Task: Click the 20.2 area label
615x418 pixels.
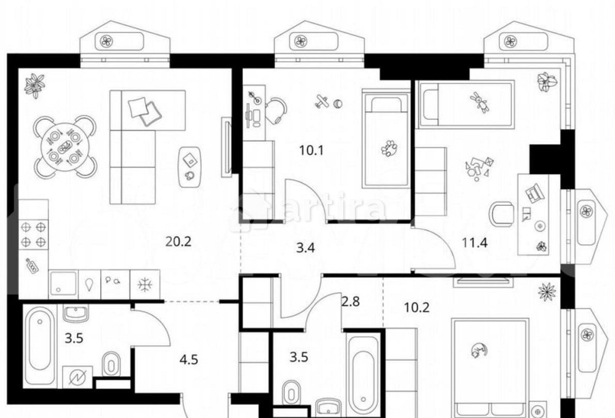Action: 178,242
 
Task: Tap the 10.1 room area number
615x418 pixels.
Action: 311,150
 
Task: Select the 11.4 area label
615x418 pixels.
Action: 475,243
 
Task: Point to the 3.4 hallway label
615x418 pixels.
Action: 305,248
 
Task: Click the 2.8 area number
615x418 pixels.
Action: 351,302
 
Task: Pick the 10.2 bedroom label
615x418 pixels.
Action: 416,307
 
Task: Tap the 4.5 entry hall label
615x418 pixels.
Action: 189,359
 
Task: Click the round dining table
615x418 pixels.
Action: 65,147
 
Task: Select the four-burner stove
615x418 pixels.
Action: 33,234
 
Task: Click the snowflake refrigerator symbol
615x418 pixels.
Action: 145,284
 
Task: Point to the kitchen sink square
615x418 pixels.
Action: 63,284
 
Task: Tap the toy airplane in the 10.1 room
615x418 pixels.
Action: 322,101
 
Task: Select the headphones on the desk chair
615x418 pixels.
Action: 277,110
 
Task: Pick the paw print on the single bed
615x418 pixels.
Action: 389,148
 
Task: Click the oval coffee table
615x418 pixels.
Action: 190,167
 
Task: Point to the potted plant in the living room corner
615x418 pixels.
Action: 34,86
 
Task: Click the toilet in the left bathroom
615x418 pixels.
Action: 111,365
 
